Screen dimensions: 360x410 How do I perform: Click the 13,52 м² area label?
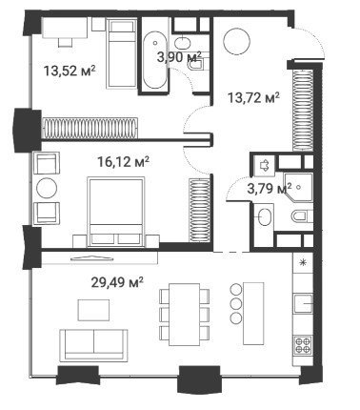[70, 71]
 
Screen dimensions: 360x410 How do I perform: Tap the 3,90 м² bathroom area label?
[179, 57]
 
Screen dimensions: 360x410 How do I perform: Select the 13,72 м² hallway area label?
[253, 97]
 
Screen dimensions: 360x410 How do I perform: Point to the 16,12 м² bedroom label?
[123, 162]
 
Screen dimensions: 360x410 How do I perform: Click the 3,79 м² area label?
[270, 189]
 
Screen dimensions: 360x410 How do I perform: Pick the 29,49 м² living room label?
[117, 282]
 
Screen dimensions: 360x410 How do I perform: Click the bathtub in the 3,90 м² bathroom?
[154, 60]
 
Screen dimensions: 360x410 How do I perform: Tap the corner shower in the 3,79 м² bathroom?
[298, 187]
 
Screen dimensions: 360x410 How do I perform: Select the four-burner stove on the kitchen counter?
[303, 344]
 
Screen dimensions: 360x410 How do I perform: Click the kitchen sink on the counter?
[303, 304]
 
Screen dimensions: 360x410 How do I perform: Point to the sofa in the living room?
[93, 345]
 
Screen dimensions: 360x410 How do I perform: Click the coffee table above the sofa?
[93, 310]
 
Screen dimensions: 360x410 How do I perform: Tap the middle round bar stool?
[236, 303]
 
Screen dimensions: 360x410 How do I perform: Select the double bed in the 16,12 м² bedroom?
[115, 212]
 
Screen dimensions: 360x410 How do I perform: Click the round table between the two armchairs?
[47, 189]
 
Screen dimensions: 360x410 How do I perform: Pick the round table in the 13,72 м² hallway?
[237, 42]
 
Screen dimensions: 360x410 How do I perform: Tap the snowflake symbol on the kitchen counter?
[303, 262]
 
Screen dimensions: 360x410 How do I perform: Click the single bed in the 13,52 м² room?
[122, 53]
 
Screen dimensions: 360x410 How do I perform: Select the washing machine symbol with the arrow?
[265, 165]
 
